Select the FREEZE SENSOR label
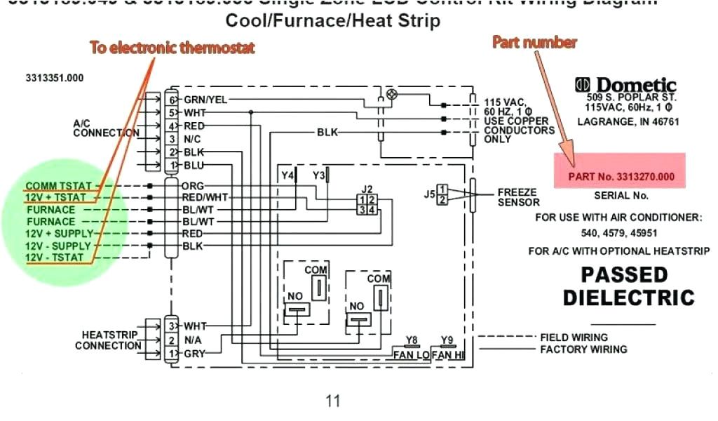517,196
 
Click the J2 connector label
367,188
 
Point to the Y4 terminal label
287,174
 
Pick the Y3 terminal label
319,174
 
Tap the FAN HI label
448,355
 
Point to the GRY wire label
194,354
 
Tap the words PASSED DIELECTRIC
628,285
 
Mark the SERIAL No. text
621,196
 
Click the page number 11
332,401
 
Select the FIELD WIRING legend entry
574,338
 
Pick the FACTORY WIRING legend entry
583,349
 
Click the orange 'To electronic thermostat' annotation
172,48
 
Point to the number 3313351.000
55,78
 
